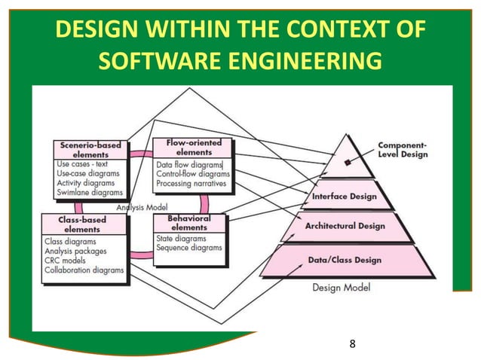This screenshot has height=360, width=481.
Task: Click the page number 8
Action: coord(352,345)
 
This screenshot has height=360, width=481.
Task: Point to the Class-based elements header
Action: coord(83,224)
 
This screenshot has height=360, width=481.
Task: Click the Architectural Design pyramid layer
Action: coord(345,226)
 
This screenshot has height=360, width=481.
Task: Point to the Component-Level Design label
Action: coord(402,149)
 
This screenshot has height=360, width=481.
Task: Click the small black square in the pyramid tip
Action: coord(347,162)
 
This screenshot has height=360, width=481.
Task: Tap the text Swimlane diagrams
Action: coord(89,193)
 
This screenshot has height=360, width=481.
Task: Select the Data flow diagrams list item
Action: coord(189,164)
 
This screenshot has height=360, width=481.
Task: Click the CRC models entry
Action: coord(66,260)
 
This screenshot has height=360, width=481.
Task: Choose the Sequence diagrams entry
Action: coord(189,247)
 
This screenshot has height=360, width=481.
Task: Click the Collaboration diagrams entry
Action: coord(84,270)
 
